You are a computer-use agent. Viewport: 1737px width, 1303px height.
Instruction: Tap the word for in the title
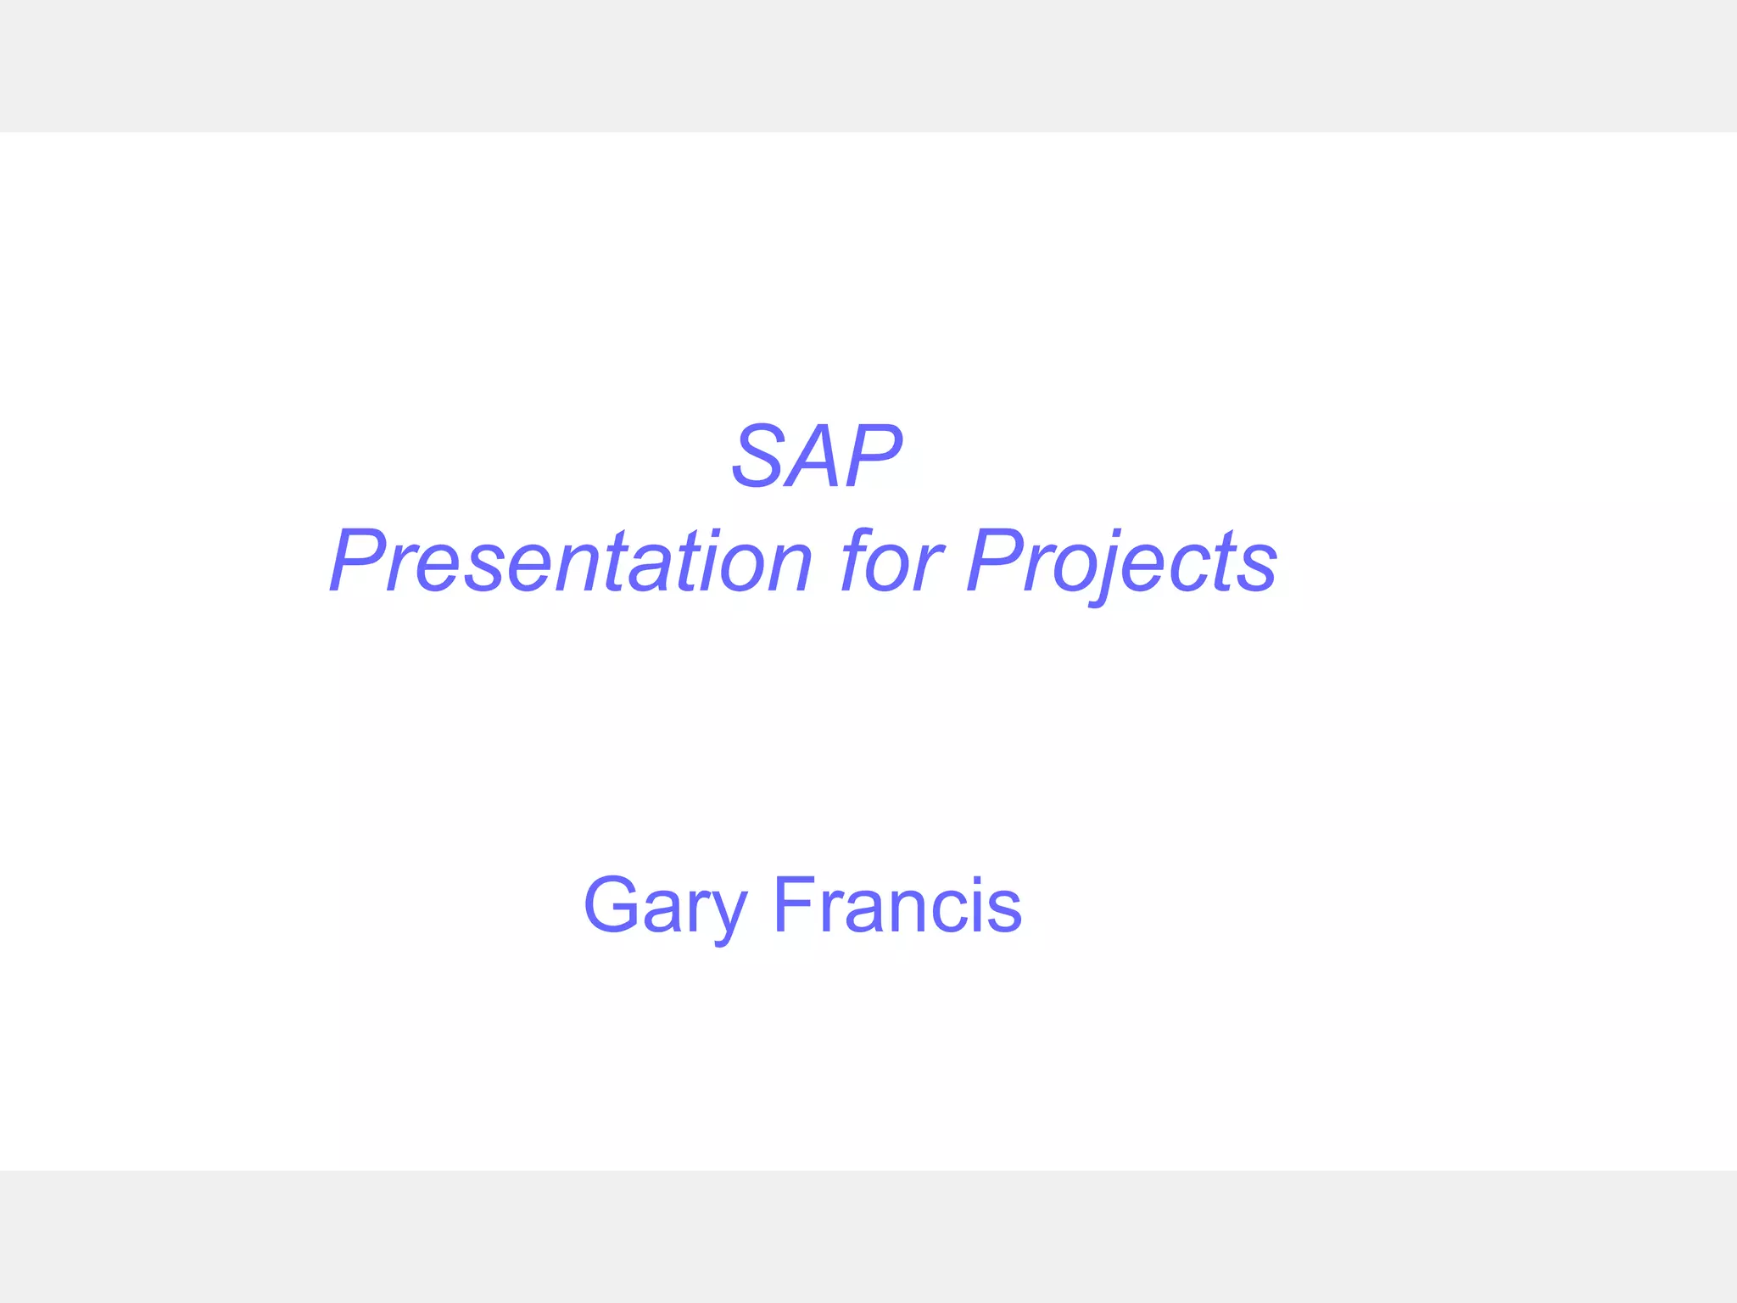click(890, 561)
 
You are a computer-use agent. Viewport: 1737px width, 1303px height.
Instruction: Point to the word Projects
click(1121, 561)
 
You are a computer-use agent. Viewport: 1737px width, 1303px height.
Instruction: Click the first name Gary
click(666, 906)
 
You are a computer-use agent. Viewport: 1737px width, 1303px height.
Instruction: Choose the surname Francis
click(897, 906)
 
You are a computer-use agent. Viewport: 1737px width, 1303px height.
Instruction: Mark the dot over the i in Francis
click(977, 881)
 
